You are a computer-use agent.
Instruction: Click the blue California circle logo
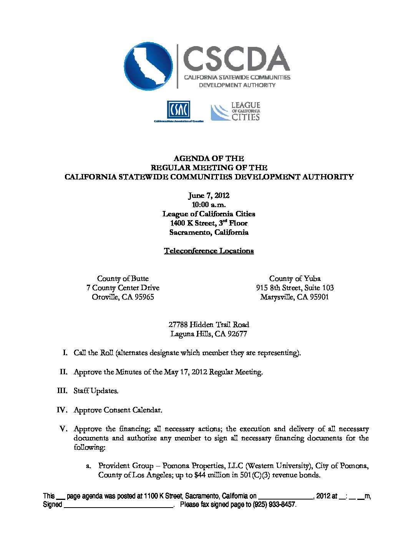pyautogui.click(x=148, y=66)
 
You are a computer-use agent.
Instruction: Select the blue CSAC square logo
pyautogui.click(x=178, y=110)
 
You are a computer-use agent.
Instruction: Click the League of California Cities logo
pyautogui.click(x=236, y=111)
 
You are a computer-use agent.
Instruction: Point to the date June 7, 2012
pyautogui.click(x=209, y=196)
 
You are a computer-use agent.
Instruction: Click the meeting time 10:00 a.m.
pyautogui.click(x=209, y=205)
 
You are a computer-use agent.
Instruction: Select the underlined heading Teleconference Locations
pyautogui.click(x=209, y=251)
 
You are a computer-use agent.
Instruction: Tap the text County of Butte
pyautogui.click(x=123, y=279)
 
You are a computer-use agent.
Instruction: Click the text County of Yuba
pyautogui.click(x=295, y=279)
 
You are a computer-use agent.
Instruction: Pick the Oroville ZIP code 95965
pyautogui.click(x=143, y=297)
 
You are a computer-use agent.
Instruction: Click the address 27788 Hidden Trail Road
pyautogui.click(x=209, y=325)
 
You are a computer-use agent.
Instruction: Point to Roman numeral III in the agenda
pyautogui.click(x=62, y=391)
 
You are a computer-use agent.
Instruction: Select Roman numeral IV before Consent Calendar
pyautogui.click(x=62, y=410)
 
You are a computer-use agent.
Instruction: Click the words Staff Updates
pyautogui.click(x=96, y=391)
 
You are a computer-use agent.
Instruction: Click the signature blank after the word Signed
pyautogui.click(x=118, y=505)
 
